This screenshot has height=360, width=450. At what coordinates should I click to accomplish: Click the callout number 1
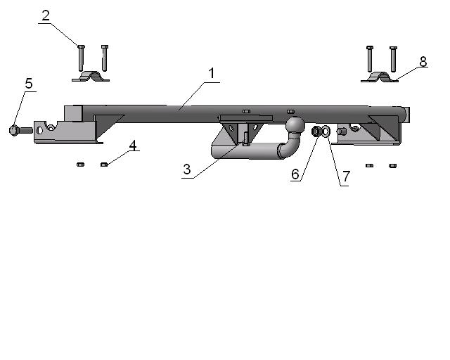click(212, 73)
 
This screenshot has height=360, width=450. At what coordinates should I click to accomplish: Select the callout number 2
click(46, 15)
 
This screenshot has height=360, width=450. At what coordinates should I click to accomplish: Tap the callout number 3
click(187, 169)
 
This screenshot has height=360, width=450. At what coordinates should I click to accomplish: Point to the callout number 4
click(133, 146)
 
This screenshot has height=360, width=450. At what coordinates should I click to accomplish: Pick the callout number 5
click(29, 83)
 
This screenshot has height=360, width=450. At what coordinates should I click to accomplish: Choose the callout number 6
click(295, 174)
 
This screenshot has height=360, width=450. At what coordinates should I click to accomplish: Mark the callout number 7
click(346, 176)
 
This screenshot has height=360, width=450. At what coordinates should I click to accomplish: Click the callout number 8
click(423, 62)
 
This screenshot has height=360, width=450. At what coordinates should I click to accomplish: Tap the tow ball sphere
click(295, 124)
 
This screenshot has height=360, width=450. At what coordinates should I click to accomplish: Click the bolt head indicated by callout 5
click(14, 130)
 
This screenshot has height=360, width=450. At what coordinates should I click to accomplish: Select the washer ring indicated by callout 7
click(326, 131)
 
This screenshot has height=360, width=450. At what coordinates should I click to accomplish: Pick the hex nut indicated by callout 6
click(316, 131)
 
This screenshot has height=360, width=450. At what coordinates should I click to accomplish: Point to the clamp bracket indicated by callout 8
click(380, 77)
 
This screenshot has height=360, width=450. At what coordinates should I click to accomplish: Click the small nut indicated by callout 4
click(104, 165)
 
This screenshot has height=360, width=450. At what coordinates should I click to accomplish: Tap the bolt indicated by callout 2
click(82, 58)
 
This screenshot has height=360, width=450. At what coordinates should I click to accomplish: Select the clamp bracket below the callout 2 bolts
click(91, 77)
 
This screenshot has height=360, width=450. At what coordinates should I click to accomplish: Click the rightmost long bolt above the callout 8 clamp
click(394, 59)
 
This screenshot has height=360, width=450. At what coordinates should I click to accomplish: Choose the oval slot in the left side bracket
click(39, 131)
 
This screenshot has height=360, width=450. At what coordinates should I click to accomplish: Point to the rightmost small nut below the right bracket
click(392, 166)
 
